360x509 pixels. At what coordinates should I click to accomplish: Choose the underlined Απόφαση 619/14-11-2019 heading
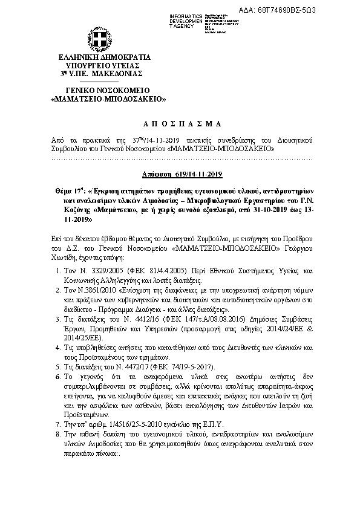(x=180, y=173)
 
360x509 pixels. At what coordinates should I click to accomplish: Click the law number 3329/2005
(x=94, y=272)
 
